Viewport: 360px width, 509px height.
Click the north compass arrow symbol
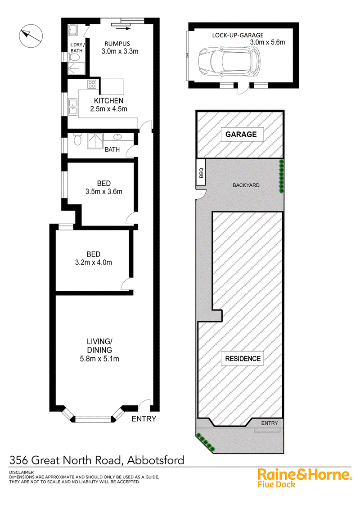[31, 36]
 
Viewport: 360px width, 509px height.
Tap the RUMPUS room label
[117, 44]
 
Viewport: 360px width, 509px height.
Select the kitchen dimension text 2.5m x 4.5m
[109, 109]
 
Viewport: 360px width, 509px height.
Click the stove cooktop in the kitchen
[92, 85]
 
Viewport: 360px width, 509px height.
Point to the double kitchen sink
[73, 107]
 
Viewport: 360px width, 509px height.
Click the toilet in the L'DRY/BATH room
[74, 58]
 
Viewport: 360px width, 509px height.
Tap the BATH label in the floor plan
[112, 150]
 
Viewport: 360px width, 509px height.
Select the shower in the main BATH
[95, 141]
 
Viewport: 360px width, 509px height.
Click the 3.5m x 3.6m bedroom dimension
[104, 192]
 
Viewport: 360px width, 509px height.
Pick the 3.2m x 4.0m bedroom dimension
[94, 262]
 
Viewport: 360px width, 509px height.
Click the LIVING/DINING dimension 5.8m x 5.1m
[99, 359]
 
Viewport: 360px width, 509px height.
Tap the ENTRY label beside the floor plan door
[144, 419]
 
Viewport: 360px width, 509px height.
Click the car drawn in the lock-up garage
[229, 62]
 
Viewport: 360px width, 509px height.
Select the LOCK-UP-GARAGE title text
[238, 35]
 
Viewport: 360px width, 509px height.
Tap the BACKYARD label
[246, 185]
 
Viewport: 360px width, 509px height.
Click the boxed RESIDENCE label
[243, 359]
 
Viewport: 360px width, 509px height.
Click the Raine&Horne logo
[305, 478]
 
